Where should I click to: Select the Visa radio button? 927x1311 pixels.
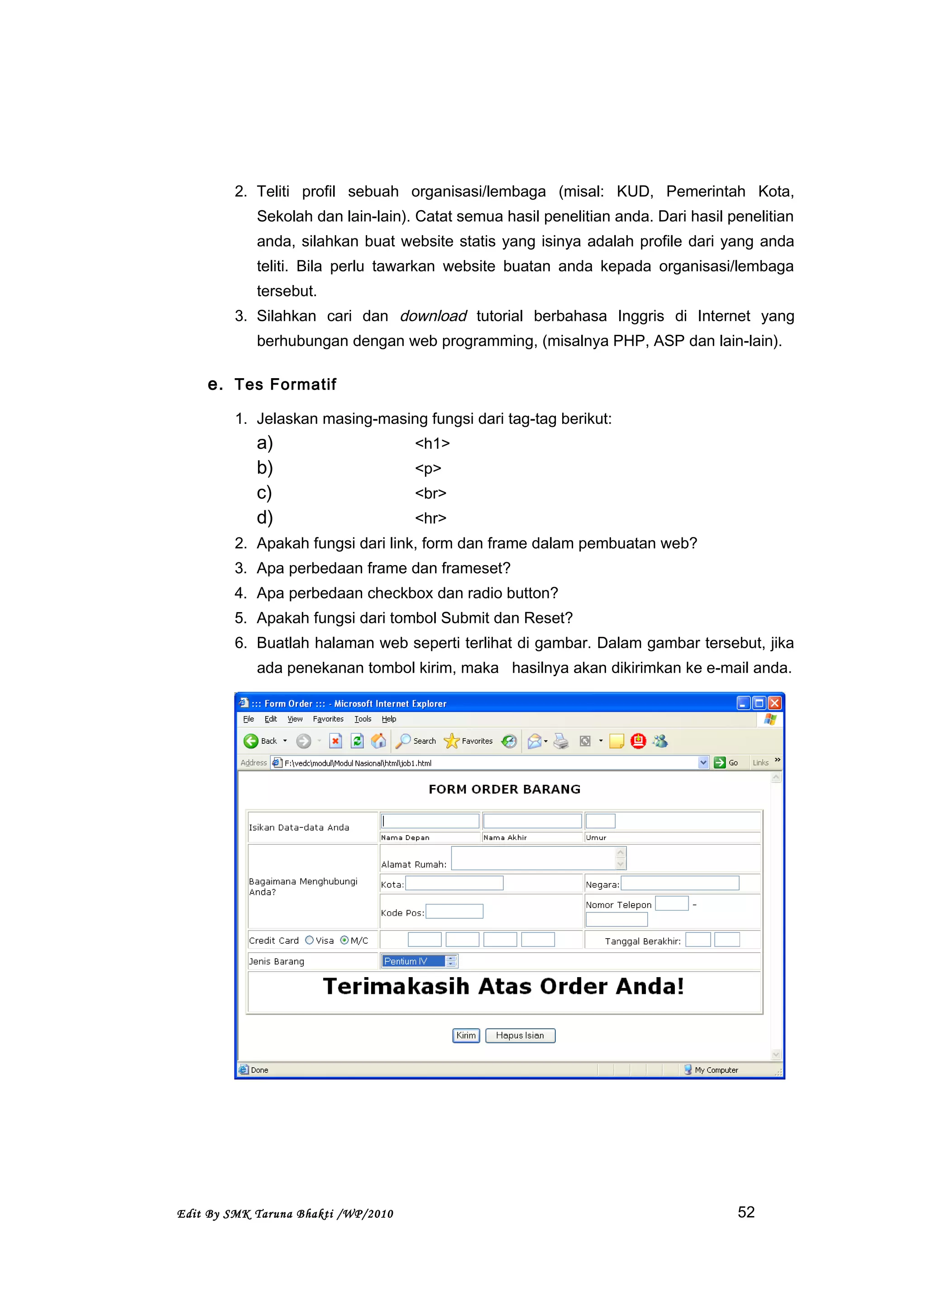[x=309, y=940]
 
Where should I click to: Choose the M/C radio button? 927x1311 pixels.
[x=344, y=940]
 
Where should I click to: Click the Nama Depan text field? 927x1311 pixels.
[x=430, y=821]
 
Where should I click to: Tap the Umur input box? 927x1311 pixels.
[x=600, y=821]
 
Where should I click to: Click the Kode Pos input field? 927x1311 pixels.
[x=454, y=911]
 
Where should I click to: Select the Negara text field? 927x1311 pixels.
[x=680, y=883]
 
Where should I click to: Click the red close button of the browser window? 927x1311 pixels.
[x=774, y=703]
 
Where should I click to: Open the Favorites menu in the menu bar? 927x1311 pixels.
[x=328, y=719]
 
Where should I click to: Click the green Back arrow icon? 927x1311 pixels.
[x=251, y=741]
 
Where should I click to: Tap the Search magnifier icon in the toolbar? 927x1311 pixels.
[x=403, y=741]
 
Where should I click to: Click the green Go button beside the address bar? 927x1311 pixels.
[x=720, y=762]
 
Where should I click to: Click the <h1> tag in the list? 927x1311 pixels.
[x=432, y=444]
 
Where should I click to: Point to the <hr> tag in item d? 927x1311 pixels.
[x=430, y=518]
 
